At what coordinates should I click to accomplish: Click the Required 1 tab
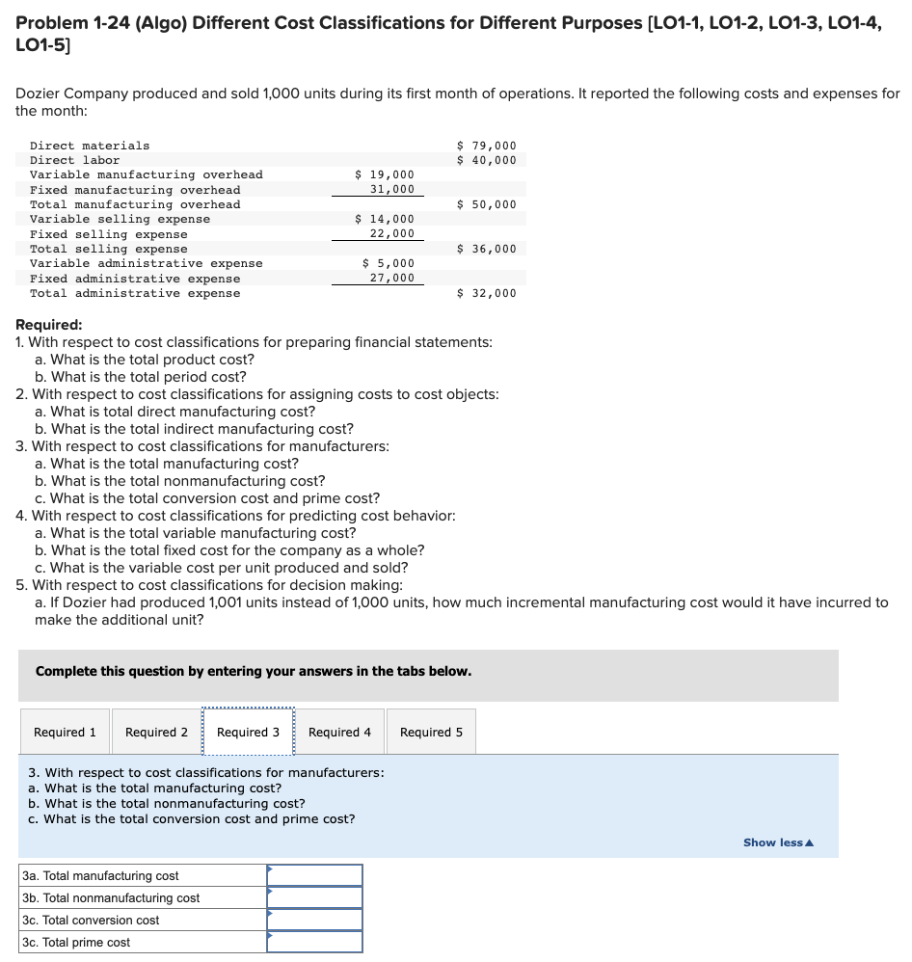click(x=65, y=733)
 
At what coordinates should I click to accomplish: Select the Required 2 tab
click(x=156, y=733)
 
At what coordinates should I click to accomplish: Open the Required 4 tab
click(x=339, y=733)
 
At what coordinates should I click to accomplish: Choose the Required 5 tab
click(x=431, y=733)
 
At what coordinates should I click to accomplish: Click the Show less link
click(x=778, y=842)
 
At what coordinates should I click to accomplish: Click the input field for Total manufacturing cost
click(x=314, y=875)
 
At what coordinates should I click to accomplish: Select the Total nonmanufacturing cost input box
click(x=314, y=897)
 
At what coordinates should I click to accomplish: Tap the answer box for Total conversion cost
click(x=314, y=920)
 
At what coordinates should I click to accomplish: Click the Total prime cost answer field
click(x=314, y=942)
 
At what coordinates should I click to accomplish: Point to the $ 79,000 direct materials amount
click(x=487, y=146)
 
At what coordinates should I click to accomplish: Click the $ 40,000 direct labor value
click(x=487, y=160)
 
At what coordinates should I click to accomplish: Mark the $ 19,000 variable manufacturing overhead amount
click(x=385, y=174)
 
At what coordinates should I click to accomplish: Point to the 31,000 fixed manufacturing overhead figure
click(x=392, y=190)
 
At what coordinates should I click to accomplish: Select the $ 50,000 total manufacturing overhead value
click(x=487, y=204)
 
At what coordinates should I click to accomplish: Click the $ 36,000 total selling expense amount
click(x=487, y=249)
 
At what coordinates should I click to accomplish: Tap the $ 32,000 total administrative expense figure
click(x=487, y=293)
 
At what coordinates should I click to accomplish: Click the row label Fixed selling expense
click(x=109, y=234)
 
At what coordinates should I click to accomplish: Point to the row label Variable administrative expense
click(x=146, y=263)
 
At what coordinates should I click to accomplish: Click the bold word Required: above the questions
click(x=49, y=325)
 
